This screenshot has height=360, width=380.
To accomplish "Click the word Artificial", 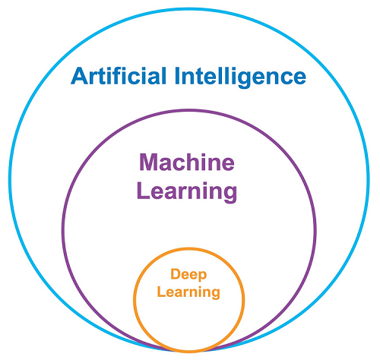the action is tap(119, 76).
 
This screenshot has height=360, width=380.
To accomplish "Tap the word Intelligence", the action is tap(240, 77).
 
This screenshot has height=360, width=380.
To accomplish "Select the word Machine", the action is tap(187, 162).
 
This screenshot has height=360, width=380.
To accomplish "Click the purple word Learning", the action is tap(187, 191).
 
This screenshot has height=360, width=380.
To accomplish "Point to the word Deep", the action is tap(188, 275).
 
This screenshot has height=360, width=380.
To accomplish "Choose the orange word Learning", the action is tap(188, 292).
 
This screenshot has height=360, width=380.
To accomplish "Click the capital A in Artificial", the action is tap(79, 76).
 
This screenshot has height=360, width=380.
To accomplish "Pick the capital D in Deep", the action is tap(176, 273).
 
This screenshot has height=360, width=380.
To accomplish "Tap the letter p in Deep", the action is tap(202, 276).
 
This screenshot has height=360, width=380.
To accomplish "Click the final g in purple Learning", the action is tap(230, 194).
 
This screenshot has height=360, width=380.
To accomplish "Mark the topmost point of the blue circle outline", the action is tap(188, 9).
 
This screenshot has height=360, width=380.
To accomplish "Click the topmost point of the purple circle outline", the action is tap(188, 111).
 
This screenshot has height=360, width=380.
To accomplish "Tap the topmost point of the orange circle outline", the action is tap(188, 249).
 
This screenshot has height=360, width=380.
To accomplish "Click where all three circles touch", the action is tap(188, 351).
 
